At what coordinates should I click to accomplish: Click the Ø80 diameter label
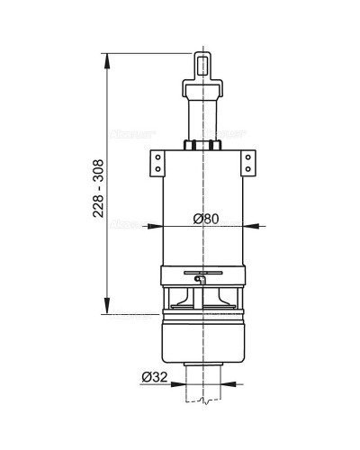pos(207,219)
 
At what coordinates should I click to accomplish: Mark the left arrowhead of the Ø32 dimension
pos(182,384)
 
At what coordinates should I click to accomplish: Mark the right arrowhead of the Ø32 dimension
pos(225,384)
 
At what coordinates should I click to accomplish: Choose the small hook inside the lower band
pos(200,280)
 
